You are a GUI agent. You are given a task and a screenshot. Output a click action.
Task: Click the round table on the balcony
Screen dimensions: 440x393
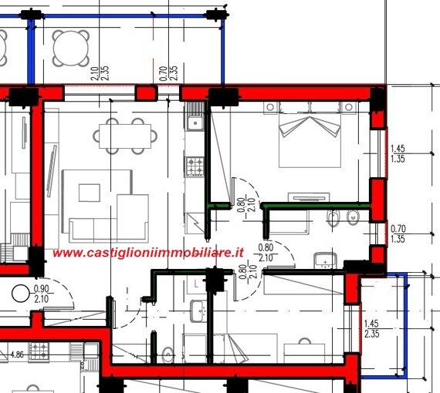(x=71, y=49)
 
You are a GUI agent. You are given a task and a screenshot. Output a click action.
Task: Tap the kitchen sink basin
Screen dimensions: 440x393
(x=195, y=123)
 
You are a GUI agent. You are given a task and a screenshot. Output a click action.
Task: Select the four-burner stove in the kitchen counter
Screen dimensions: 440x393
(x=195, y=166)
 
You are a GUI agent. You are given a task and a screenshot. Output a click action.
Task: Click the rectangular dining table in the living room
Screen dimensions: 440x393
(x=125, y=136)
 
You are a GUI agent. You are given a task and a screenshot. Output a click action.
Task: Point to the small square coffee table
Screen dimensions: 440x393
(x=90, y=193)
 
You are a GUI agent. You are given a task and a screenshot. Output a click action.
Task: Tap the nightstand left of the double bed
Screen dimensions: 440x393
(x=270, y=108)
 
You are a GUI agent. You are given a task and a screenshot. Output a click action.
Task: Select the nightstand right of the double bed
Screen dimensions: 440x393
(x=349, y=108)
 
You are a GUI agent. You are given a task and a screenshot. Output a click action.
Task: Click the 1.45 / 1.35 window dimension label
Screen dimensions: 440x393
(x=398, y=153)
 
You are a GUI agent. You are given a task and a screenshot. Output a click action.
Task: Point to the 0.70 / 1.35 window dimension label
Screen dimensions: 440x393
(x=398, y=234)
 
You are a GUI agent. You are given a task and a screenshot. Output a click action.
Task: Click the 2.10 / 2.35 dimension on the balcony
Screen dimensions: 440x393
(x=100, y=73)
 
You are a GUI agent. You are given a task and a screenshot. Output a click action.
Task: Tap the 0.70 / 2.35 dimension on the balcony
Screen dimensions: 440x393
(x=168, y=73)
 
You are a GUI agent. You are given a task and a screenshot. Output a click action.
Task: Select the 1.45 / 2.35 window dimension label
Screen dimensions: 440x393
(x=371, y=329)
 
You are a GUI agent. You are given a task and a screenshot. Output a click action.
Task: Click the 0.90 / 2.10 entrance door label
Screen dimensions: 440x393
(x=42, y=294)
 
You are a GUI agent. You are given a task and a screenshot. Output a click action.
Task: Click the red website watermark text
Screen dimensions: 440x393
(x=148, y=253)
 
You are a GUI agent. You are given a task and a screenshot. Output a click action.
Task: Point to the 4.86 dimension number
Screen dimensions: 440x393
(x=17, y=355)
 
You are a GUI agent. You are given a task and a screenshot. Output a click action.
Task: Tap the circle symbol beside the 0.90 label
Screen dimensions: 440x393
(x=21, y=294)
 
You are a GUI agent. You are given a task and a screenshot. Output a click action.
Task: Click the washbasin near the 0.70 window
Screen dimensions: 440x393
(x=326, y=260)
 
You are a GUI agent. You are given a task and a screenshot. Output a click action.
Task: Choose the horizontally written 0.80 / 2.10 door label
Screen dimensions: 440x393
(x=266, y=253)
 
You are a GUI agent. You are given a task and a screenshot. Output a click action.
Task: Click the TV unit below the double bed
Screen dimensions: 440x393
(x=309, y=197)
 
